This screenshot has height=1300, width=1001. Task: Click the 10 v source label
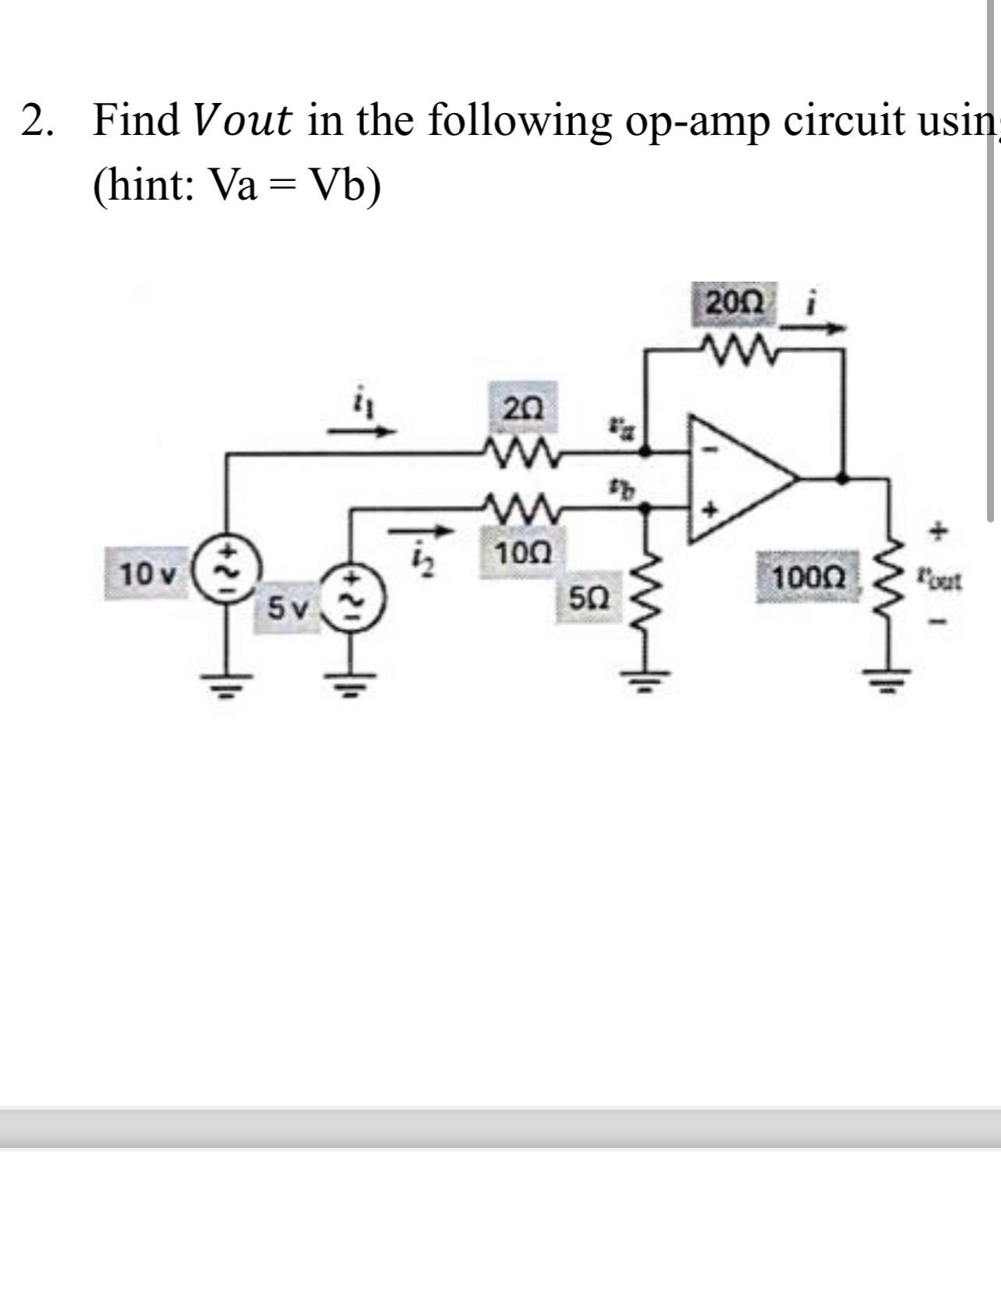[147, 576]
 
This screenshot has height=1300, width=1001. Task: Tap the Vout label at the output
[940, 580]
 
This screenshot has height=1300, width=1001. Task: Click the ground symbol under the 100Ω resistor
[886, 684]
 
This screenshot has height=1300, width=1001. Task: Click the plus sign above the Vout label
[940, 533]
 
